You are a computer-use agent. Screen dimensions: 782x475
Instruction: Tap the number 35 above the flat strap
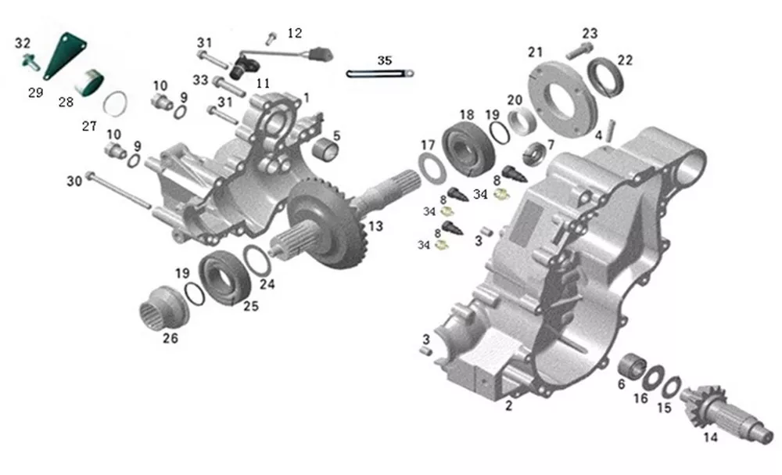tap(385, 60)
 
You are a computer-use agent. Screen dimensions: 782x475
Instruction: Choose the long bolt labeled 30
tap(118, 190)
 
